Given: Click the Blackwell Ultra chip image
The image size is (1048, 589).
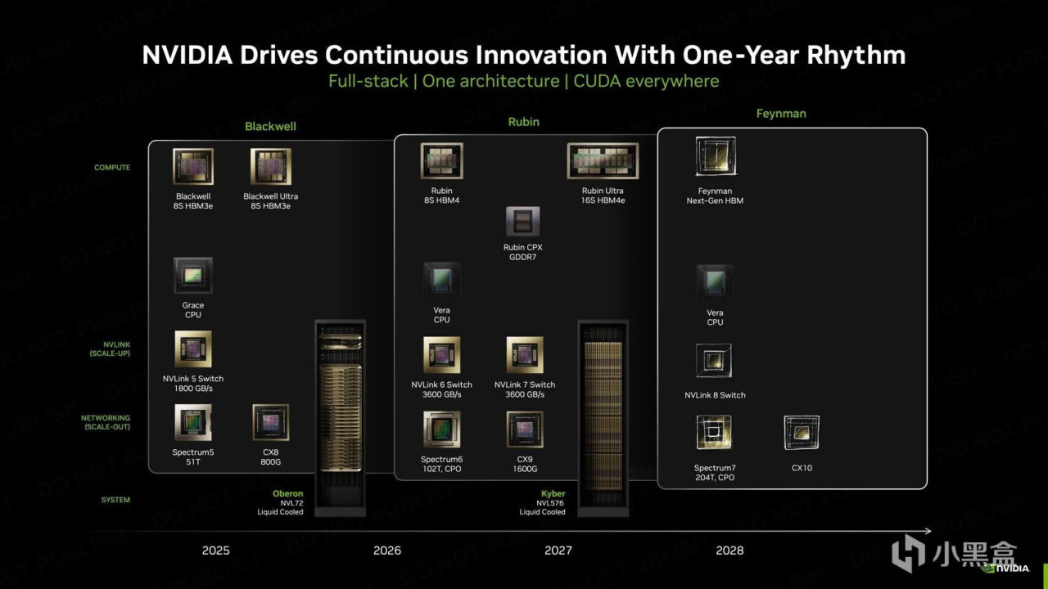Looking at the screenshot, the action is [x=270, y=166].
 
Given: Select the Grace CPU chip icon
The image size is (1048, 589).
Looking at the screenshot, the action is [x=192, y=276].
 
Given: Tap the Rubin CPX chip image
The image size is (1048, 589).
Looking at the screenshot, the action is [x=522, y=221].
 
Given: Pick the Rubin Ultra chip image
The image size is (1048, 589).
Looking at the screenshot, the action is [x=603, y=161].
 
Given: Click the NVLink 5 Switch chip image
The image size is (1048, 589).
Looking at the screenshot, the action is [x=192, y=348].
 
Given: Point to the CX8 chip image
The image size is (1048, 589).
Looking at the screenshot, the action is [x=270, y=423].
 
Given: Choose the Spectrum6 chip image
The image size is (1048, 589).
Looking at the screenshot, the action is [x=441, y=429].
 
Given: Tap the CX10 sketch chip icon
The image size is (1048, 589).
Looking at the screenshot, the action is [x=802, y=433].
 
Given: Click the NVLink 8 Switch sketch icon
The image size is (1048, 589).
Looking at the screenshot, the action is [x=714, y=361].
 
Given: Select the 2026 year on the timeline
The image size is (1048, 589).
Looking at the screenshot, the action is [x=387, y=551].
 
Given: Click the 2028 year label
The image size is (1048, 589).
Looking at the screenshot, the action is [x=730, y=551].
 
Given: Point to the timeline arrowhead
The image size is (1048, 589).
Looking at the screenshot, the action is [x=928, y=531].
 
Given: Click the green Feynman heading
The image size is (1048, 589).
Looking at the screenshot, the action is [x=781, y=114].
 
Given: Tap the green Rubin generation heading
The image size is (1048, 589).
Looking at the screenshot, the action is [x=523, y=122].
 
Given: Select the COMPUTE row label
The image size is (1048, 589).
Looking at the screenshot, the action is [x=112, y=168].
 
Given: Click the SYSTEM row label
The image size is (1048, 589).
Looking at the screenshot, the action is [x=115, y=500].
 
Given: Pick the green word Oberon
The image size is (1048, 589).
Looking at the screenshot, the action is [x=287, y=493].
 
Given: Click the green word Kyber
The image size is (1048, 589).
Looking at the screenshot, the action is [x=553, y=493].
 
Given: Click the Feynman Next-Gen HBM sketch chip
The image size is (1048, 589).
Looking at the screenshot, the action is [x=716, y=156].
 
